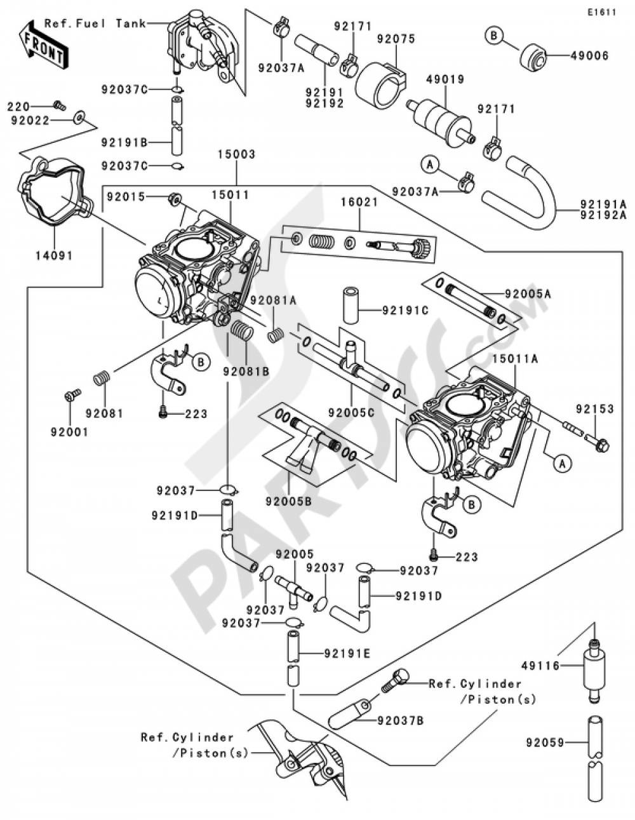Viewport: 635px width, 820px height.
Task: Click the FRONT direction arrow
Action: pos(44,44)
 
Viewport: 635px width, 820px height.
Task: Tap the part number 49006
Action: pos(590,57)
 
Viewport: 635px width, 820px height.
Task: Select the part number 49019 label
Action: pos(445,80)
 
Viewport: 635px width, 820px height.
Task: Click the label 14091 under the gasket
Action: pos(55,256)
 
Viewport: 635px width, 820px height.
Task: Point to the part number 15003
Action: pos(237,154)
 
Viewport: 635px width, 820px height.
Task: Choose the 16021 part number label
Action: pos(359,202)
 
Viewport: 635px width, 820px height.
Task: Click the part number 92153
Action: pos(595,409)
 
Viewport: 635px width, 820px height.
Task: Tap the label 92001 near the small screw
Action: pos(70,432)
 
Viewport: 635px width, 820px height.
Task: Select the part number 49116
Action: pos(541,676)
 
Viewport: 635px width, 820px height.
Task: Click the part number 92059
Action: pos(545,743)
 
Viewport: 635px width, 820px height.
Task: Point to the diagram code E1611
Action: pos(602,13)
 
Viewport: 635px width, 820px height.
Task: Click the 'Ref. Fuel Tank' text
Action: pos(95,24)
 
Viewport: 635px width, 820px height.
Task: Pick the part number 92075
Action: pos(396,39)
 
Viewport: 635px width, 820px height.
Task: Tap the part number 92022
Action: pos(30,121)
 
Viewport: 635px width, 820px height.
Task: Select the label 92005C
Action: pos(351,413)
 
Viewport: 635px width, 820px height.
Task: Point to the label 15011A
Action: pos(515,359)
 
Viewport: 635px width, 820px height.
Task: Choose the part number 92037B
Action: pos(401,721)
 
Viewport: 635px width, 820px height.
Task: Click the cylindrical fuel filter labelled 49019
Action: pos(441,122)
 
